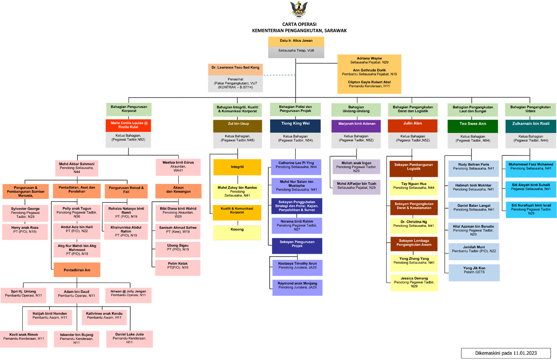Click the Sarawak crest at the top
tap(298, 9)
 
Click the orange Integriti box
tap(237, 167)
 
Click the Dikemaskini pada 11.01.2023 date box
tap(506, 353)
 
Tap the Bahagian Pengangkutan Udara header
tap(531, 109)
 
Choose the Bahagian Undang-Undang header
tap(356, 109)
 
